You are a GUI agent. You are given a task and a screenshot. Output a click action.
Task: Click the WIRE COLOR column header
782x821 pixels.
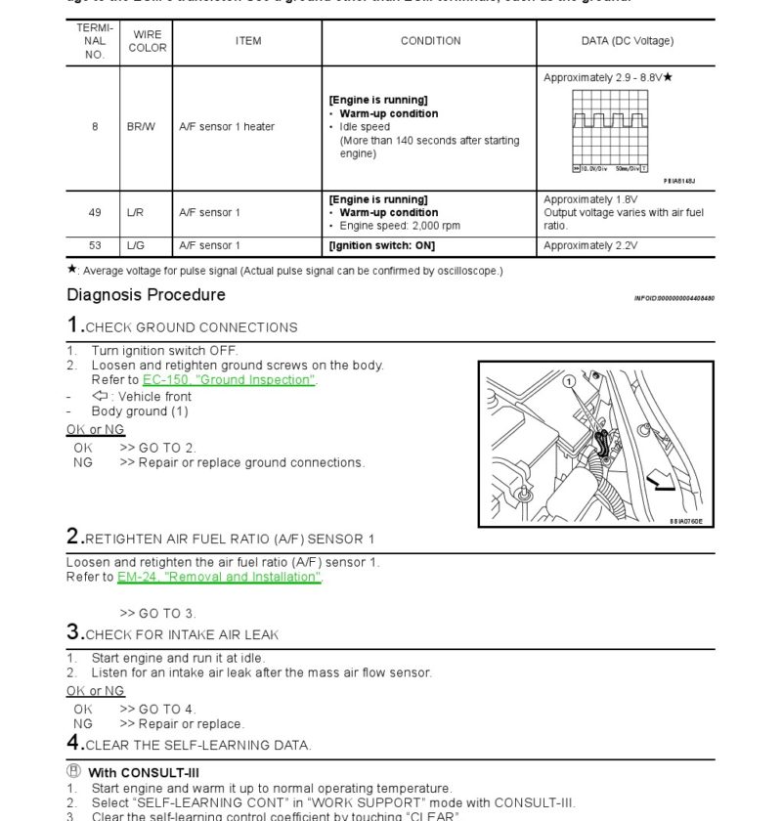point(147,41)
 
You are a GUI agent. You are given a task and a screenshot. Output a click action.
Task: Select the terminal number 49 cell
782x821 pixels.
point(95,212)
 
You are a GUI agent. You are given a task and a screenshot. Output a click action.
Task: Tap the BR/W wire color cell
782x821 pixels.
point(141,127)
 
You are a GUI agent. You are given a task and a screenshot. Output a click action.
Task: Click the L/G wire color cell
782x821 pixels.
point(136,245)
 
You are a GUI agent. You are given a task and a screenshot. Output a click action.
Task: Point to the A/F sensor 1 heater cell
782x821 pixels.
point(227,127)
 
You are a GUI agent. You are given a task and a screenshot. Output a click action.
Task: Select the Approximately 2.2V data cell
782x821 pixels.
point(590,245)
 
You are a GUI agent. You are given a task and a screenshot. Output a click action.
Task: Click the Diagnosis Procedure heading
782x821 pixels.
point(146,295)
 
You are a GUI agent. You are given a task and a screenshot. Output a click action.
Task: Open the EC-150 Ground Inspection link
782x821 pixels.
point(229,380)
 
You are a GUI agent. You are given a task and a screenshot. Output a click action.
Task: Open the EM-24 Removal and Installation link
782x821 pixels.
point(219,577)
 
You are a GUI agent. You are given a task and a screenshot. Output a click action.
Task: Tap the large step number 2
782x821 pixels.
point(74,537)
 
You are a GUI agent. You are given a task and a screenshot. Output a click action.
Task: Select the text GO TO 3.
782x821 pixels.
point(157,614)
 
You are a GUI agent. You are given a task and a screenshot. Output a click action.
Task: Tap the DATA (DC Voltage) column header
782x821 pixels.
point(627,41)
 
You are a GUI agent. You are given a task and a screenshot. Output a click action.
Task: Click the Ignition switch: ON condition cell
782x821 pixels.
point(382,245)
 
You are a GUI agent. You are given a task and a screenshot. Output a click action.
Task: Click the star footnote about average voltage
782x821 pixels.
point(284,271)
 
